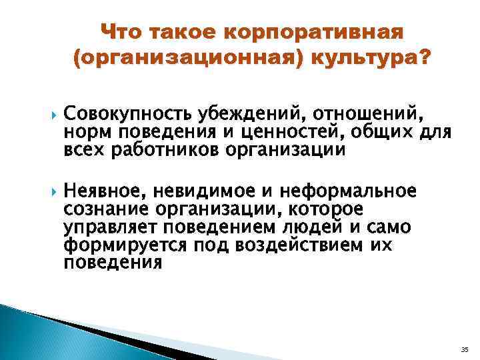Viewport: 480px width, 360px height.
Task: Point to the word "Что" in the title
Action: (x=124, y=31)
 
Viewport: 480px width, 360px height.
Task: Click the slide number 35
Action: (x=465, y=348)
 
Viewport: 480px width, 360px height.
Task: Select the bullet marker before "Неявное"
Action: (x=52, y=193)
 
